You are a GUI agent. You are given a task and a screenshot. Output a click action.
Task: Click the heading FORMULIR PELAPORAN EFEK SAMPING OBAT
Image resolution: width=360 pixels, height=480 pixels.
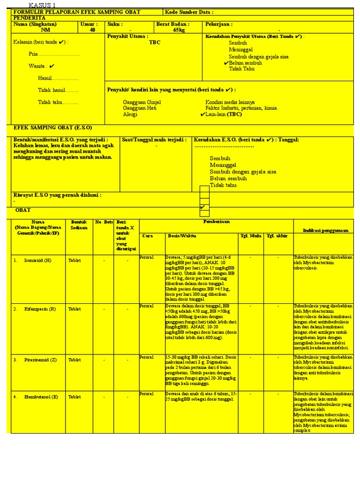[x=77, y=12]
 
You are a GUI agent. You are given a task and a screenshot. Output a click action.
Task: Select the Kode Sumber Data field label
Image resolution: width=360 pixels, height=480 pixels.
[x=190, y=12]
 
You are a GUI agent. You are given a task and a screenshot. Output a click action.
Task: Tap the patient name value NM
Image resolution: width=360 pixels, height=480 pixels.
[x=45, y=30]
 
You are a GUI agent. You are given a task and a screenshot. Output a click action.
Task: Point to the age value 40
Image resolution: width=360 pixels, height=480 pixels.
[x=92, y=30]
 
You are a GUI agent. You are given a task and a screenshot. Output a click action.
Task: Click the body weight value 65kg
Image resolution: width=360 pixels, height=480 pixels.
[x=179, y=30]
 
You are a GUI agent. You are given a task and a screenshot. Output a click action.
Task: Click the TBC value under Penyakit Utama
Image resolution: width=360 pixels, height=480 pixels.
[x=155, y=43]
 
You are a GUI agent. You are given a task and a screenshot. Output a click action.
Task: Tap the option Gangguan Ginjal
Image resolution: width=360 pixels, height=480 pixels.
[x=142, y=102]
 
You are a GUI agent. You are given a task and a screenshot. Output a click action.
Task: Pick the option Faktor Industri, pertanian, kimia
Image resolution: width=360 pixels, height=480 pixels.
[x=241, y=108]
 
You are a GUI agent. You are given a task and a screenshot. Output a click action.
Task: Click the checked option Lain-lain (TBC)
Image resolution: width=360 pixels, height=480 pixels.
[x=224, y=114]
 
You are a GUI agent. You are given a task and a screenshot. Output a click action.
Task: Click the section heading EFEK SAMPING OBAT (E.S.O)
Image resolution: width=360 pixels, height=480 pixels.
[x=53, y=127]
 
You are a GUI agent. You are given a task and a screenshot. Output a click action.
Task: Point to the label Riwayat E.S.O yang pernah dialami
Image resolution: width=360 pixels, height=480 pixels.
[x=57, y=195]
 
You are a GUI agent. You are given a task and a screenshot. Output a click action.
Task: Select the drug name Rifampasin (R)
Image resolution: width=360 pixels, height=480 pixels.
[x=40, y=309]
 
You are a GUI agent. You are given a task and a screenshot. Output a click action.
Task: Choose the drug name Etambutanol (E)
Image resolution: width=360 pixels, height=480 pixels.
[x=41, y=397]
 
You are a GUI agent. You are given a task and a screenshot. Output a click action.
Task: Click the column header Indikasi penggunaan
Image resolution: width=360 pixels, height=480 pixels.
[x=326, y=231]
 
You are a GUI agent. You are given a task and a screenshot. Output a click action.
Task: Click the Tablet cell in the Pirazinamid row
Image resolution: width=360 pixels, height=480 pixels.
[x=75, y=360]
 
